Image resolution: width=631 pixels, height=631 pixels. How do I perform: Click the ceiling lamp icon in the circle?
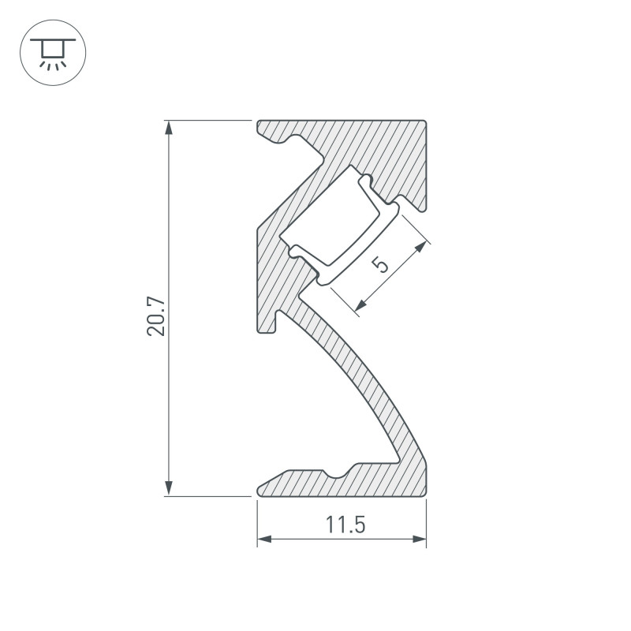click(x=52, y=51)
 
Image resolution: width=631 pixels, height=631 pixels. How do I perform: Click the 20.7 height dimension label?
click(x=157, y=317)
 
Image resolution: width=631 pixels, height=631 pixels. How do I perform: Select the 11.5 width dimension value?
click(x=342, y=524)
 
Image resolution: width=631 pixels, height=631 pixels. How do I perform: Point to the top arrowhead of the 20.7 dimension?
click(x=167, y=127)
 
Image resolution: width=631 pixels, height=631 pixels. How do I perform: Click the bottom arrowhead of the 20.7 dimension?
click(x=167, y=489)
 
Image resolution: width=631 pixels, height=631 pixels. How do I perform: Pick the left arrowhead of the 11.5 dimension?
click(x=264, y=540)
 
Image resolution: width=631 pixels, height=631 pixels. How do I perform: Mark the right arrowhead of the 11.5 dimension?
click(x=420, y=540)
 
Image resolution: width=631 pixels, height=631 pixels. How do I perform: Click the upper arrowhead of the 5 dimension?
click(x=423, y=247)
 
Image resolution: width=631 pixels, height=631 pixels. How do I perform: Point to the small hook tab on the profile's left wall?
click(x=279, y=322)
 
